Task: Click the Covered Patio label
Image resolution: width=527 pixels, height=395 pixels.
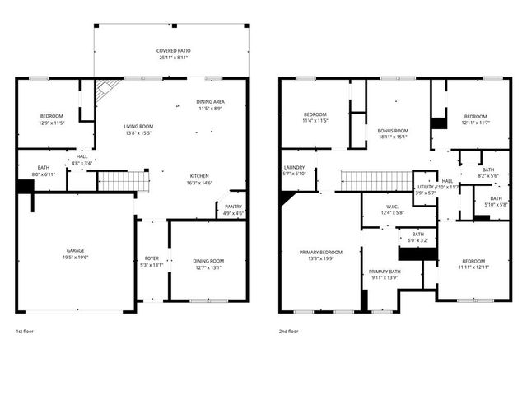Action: (x=173, y=51)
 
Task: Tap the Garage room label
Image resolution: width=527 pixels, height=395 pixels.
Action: (x=76, y=250)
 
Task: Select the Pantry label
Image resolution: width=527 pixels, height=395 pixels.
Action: (x=233, y=207)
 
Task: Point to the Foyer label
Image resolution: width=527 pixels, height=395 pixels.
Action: (x=152, y=258)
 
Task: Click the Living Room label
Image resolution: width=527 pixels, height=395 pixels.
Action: (x=138, y=126)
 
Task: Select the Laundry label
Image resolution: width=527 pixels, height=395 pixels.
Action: (x=294, y=167)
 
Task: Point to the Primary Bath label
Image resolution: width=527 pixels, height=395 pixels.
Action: (x=385, y=272)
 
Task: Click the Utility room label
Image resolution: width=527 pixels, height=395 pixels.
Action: (x=425, y=187)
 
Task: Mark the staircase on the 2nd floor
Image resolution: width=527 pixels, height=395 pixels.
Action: (x=375, y=180)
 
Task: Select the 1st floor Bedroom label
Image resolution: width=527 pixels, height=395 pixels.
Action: (x=51, y=116)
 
